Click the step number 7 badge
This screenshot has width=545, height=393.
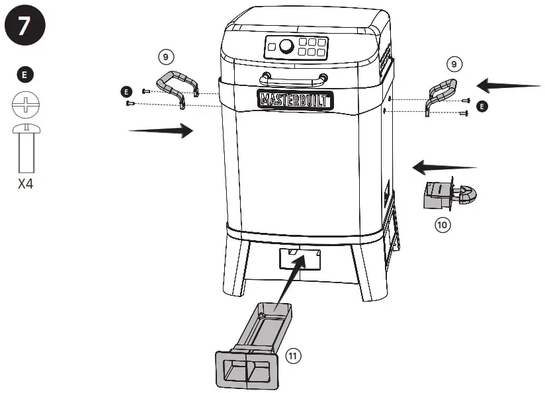tap(25, 26)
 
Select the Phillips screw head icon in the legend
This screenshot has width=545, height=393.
tap(25, 105)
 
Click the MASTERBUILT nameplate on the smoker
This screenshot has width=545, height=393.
tap(295, 100)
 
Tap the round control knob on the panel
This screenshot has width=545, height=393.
tap(287, 46)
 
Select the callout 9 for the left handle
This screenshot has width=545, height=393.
tap(167, 57)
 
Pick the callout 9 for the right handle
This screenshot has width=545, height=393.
tap(453, 64)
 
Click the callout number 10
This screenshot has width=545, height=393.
tap(442, 224)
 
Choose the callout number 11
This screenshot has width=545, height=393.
tap(293, 356)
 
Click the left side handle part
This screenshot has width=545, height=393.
tap(178, 89)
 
